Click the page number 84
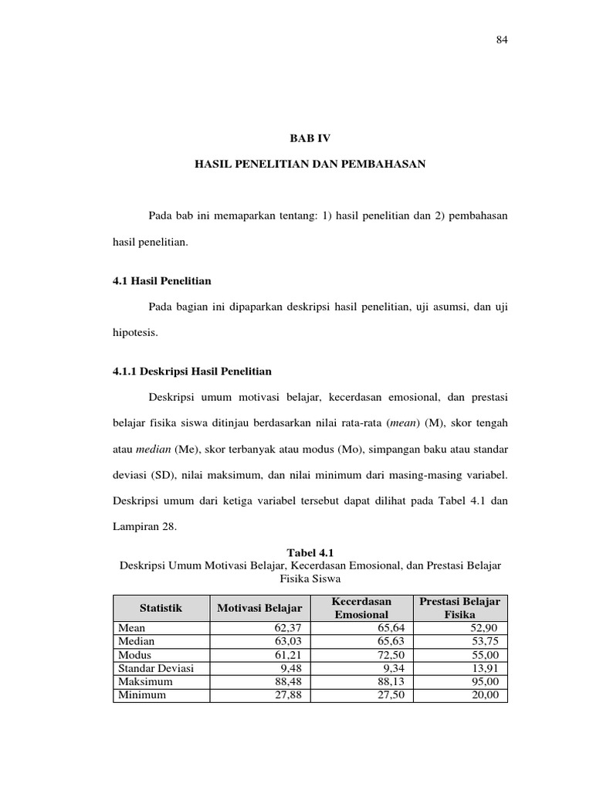500,41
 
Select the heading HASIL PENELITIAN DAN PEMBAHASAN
310,165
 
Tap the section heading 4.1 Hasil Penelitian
162,280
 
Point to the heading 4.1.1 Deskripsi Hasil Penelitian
192,372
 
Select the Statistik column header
161,609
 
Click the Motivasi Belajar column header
259,609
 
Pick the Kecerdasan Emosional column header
361,608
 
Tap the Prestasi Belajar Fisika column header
459,608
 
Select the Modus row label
135,655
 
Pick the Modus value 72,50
389,655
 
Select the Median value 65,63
389,642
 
